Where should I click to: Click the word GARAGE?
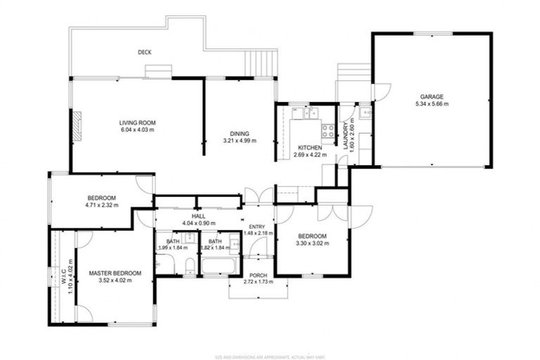tap(432, 97)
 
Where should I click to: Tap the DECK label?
tap(145, 52)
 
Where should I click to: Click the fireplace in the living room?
tap(78, 124)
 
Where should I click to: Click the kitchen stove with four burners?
tap(328, 131)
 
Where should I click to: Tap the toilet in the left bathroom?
tap(190, 265)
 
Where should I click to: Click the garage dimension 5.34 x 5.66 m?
tap(432, 104)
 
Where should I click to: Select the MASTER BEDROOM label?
tap(115, 273)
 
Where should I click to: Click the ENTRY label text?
tap(256, 226)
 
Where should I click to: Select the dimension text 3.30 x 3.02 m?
tap(311, 243)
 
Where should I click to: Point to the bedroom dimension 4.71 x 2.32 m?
tap(102, 205)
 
